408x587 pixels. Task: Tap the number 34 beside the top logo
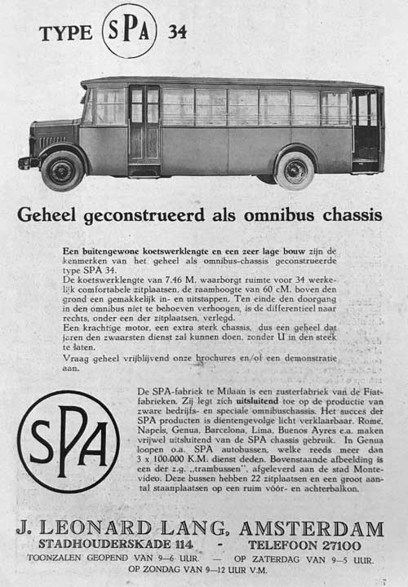click(x=177, y=33)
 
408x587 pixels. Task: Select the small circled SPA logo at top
click(x=129, y=31)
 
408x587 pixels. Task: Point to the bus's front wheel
click(x=62, y=170)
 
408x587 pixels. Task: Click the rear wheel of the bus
click(x=295, y=169)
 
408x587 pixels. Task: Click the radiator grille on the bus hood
click(x=47, y=142)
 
